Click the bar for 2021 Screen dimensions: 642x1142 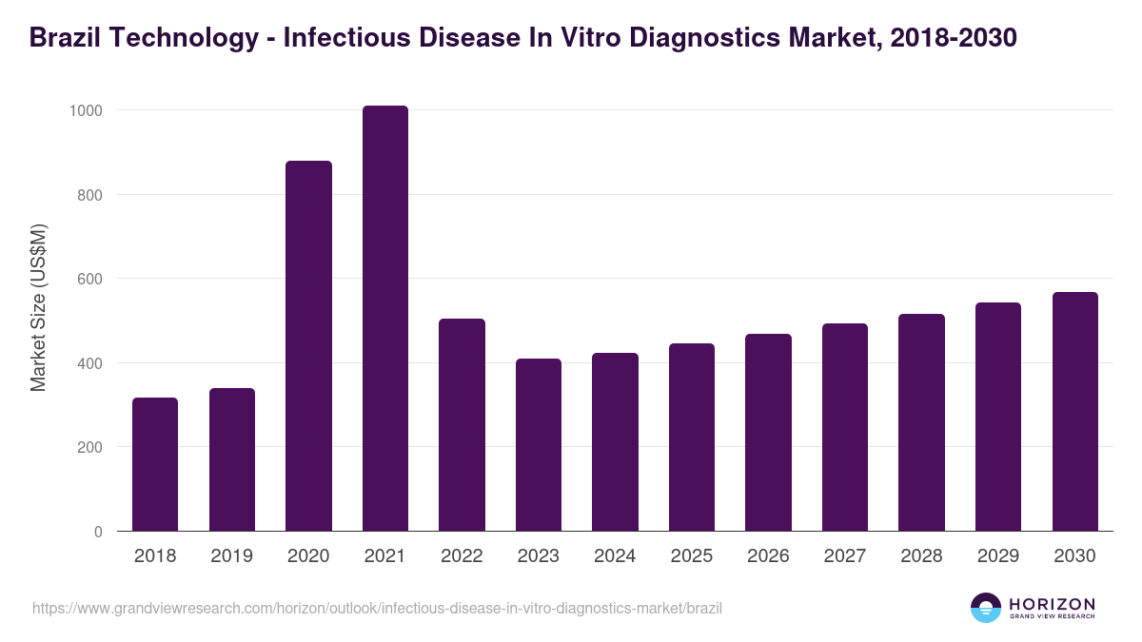[385, 319]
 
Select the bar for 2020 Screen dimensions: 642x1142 [308, 346]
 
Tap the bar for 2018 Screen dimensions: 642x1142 [155, 464]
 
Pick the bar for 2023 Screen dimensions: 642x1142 [539, 445]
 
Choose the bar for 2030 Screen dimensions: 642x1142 [1075, 412]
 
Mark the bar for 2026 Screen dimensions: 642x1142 [769, 433]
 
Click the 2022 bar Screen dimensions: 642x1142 [462, 425]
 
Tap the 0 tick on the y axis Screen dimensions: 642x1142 [98, 532]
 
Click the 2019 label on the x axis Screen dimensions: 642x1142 [232, 556]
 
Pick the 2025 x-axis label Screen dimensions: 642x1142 [692, 556]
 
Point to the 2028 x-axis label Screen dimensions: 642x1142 [922, 556]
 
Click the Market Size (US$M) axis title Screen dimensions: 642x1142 [39, 307]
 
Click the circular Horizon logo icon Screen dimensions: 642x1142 [985, 608]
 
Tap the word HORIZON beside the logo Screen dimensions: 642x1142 [1052, 603]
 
